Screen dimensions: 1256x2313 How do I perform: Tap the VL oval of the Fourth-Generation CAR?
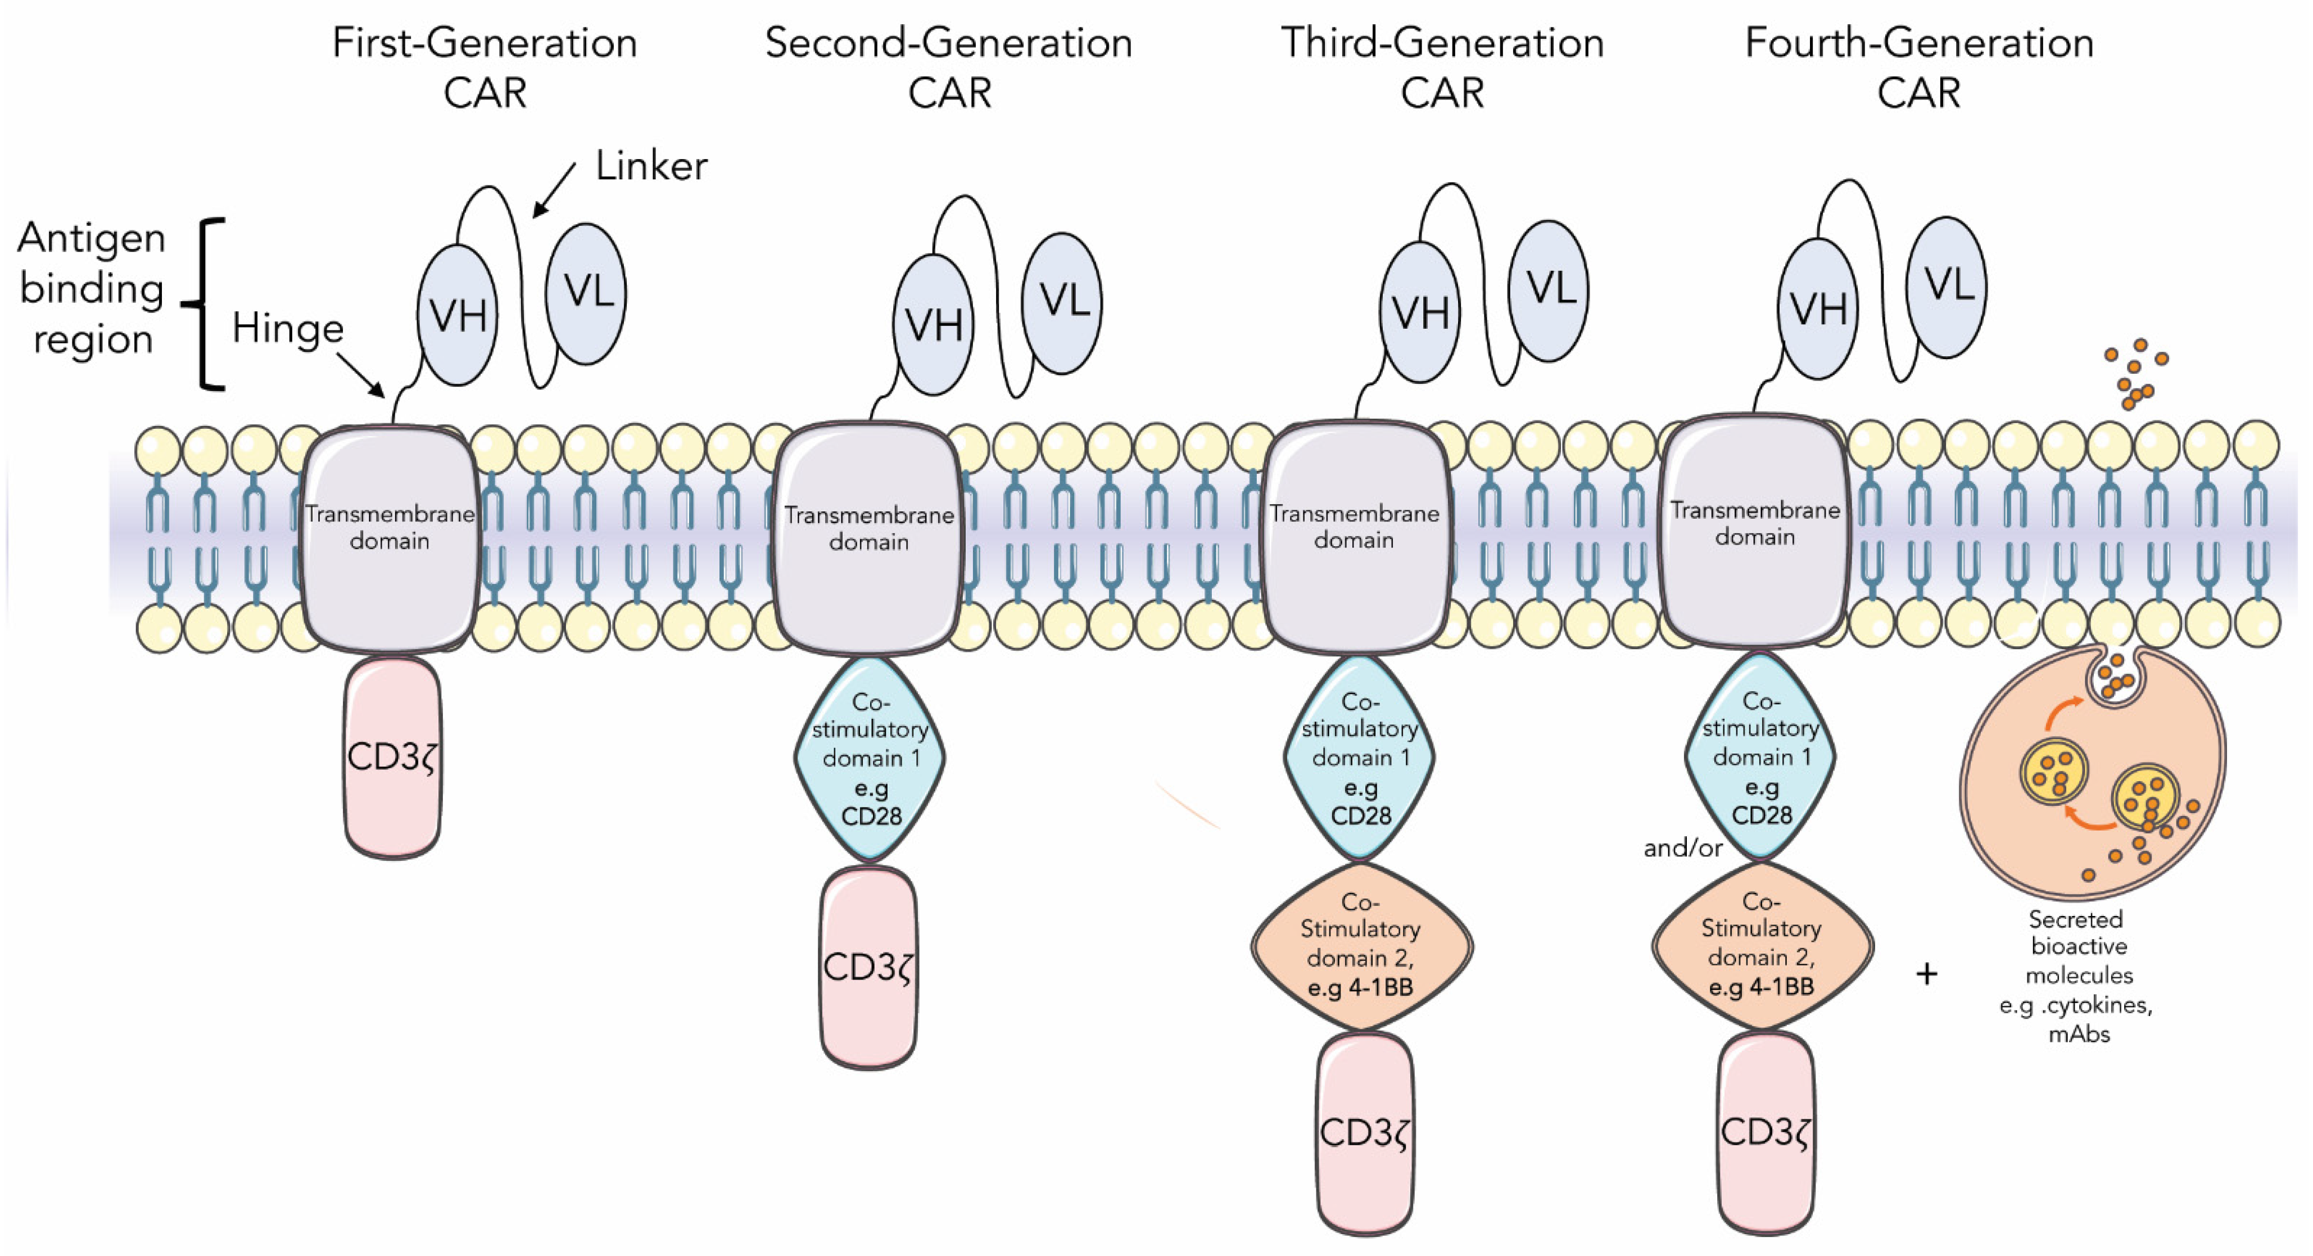(1947, 287)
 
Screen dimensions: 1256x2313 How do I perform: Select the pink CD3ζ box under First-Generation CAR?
(392, 758)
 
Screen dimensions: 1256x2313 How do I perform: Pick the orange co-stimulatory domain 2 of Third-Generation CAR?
(1361, 945)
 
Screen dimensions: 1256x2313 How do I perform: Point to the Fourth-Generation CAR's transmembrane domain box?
(1754, 530)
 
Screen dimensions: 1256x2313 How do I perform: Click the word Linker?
(651, 166)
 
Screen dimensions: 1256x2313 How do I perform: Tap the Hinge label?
(287, 329)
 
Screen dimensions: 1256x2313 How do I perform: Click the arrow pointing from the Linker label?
(554, 191)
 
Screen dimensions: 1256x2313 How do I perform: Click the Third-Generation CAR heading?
(1442, 67)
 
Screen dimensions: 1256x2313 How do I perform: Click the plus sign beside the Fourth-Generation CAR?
(1926, 974)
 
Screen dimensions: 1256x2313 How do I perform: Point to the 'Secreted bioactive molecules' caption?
(2076, 976)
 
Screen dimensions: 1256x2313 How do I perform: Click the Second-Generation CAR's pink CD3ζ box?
(868, 968)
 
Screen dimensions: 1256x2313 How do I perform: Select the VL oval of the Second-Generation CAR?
(1063, 302)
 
